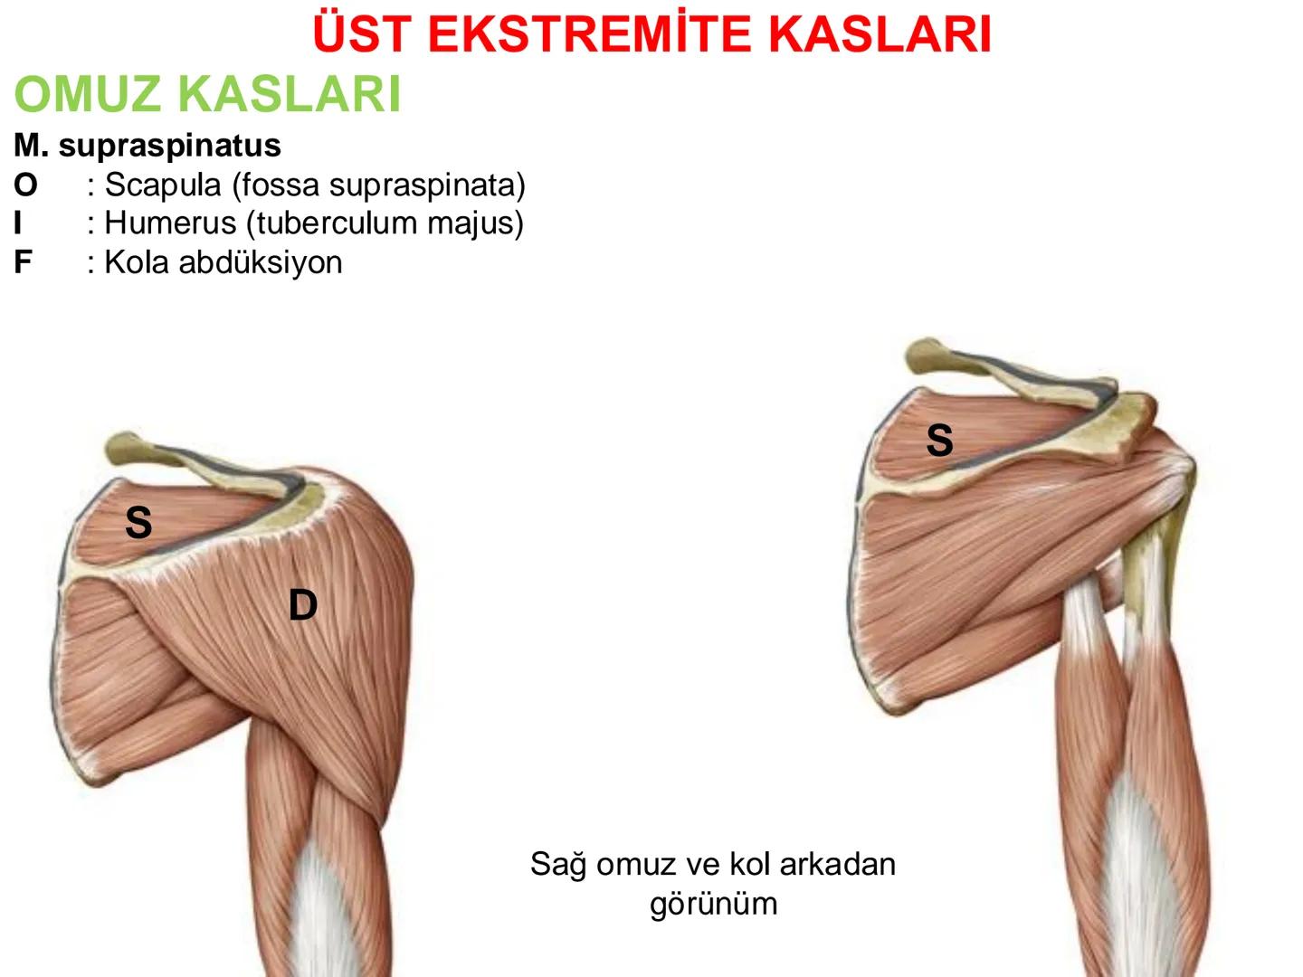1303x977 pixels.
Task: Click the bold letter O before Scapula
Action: click(25, 185)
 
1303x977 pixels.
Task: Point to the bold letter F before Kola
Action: click(23, 262)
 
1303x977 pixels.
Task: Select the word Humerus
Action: click(170, 223)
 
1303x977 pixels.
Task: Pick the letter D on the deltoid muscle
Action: click(303, 605)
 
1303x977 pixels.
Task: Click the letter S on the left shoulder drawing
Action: click(138, 523)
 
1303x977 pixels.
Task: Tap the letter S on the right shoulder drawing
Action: click(939, 441)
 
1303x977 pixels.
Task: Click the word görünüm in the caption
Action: click(713, 904)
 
